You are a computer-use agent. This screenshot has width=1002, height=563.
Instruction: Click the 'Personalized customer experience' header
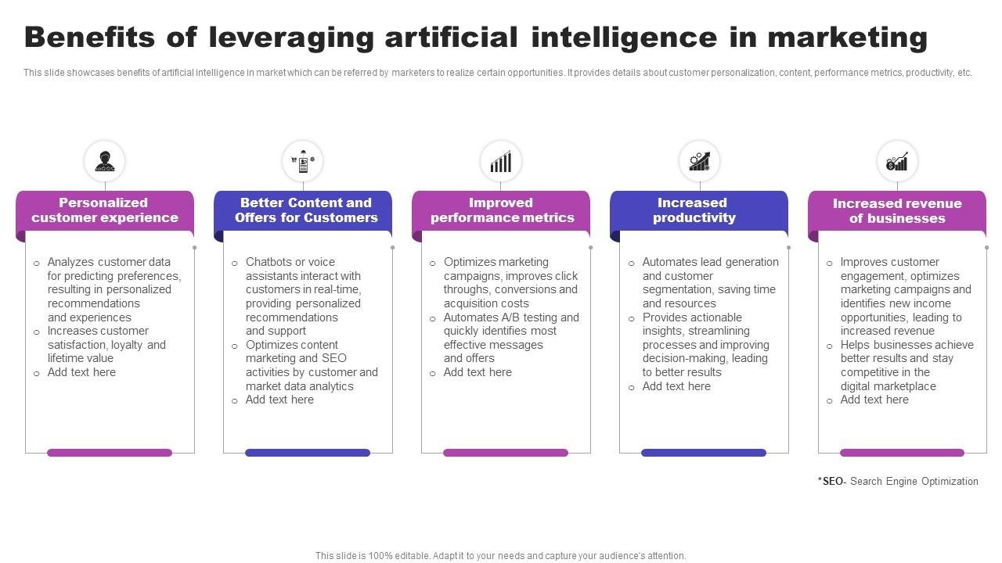pos(105,210)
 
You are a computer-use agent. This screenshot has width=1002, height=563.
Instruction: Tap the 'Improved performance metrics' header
pos(502,210)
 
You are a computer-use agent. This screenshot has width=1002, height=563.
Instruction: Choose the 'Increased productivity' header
pos(694,210)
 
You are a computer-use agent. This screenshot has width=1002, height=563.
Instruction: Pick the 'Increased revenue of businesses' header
pos(897,211)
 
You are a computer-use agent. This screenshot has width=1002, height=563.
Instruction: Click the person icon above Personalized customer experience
pos(104,161)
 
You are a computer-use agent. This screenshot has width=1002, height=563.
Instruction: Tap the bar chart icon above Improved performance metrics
pos(501,161)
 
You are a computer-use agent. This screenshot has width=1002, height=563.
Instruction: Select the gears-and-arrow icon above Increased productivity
pos(699,161)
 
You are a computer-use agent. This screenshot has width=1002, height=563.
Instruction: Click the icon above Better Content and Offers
pos(302,161)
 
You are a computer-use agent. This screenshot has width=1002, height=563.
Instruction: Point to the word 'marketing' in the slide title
pos(848,38)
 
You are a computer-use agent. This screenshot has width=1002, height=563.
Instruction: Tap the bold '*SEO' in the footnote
pos(831,482)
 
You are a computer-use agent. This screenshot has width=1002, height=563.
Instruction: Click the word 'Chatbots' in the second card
pos(267,262)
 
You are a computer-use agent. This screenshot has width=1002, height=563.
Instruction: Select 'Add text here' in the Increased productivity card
pos(676,386)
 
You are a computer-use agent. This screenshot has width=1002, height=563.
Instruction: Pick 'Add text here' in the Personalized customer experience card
pos(81,372)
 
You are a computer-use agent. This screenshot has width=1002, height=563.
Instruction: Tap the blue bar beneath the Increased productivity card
pos(703,453)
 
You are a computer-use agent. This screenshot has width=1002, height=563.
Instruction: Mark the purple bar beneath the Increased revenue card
pos(902,453)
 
